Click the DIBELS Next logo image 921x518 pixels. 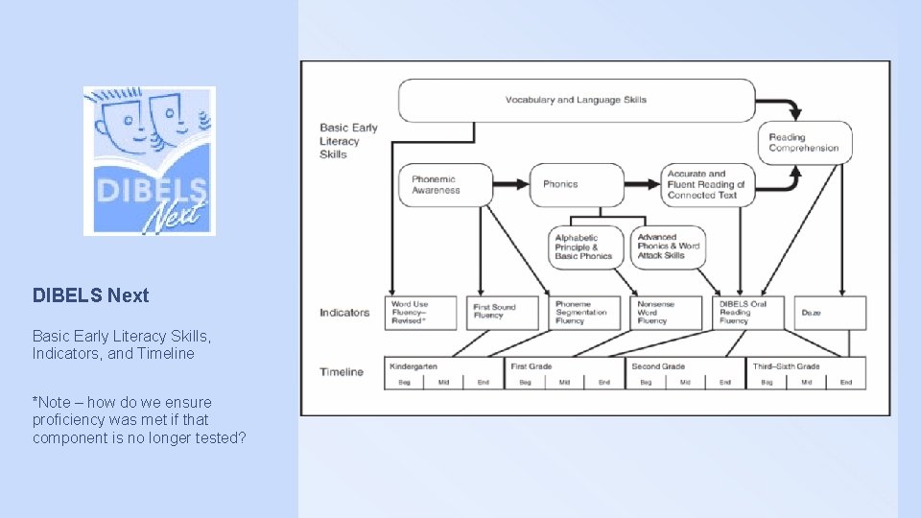point(149,161)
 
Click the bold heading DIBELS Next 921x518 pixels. point(91,295)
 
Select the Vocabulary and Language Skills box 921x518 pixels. point(577,100)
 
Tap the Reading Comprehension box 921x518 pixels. point(804,143)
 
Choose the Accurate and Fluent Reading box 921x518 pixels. point(707,184)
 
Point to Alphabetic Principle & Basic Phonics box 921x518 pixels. point(586,247)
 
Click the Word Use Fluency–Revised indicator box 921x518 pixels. point(422,313)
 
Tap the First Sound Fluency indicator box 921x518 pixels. point(504,313)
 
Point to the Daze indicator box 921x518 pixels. point(830,313)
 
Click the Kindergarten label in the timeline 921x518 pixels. point(413,366)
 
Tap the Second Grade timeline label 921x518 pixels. point(657,366)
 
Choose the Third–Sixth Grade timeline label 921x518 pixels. point(786,366)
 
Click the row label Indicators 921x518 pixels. point(344,313)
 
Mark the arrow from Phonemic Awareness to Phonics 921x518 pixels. point(511,184)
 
